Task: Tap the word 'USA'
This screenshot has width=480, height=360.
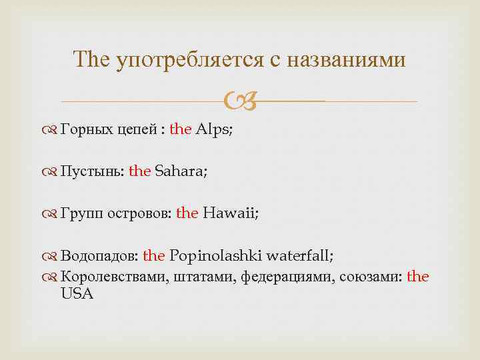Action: (x=77, y=293)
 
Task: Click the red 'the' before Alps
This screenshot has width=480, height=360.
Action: (x=181, y=130)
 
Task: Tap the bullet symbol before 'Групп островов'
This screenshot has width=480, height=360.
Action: (x=51, y=213)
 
